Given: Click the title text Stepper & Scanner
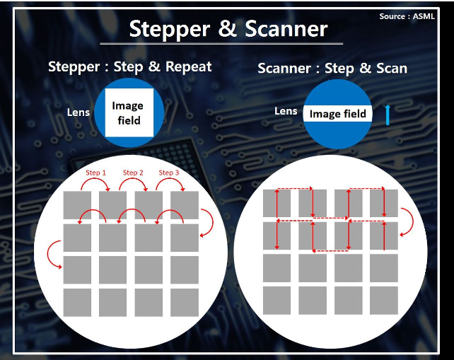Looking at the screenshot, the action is (228, 29).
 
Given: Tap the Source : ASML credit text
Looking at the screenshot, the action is (407, 16).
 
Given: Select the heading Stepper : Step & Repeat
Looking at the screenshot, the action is (129, 67).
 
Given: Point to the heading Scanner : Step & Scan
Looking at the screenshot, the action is (332, 69).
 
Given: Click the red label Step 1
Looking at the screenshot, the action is (96, 173).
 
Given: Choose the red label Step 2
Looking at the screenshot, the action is (133, 173).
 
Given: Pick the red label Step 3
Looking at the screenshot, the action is (169, 173).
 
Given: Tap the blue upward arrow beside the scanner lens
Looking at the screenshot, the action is (388, 115).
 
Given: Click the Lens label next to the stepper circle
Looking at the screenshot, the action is (78, 112).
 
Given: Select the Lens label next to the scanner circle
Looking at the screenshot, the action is (286, 111).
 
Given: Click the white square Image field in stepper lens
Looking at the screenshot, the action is (129, 112).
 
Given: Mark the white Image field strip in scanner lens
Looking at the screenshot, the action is (337, 114).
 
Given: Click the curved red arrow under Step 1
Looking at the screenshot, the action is (95, 184).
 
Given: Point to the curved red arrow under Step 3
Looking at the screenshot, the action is (170, 184).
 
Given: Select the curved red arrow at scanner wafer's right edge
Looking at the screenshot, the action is (407, 222).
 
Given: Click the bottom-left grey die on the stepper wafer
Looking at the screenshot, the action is (77, 303).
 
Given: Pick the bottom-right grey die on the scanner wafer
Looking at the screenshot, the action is (384, 301).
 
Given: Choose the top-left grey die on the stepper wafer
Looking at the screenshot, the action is (77, 205).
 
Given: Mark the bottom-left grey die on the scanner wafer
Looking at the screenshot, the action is (277, 301).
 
